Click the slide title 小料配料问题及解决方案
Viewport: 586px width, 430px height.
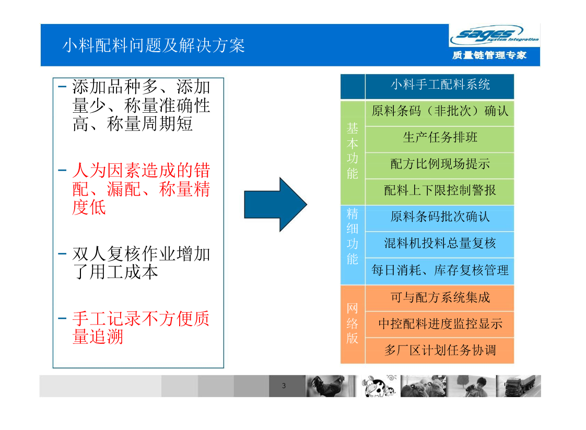pos(154,45)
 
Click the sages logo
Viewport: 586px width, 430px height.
pos(494,35)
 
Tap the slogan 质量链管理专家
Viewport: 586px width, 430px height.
pos(489,55)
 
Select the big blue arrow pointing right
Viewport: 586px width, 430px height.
pos(275,205)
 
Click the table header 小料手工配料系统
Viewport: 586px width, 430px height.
pos(440,85)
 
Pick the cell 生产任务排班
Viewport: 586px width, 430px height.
pos(440,137)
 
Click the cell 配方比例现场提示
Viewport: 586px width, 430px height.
pos(440,164)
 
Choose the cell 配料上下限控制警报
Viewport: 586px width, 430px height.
pos(440,190)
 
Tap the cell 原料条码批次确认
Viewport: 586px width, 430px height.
pos(440,217)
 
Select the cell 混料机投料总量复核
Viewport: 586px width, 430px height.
pos(440,243)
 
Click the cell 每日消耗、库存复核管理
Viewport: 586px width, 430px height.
pos(440,270)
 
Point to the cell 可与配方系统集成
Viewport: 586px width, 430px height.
pos(440,297)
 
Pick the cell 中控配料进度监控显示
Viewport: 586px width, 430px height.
pos(440,324)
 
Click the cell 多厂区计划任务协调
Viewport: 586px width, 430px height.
pos(440,351)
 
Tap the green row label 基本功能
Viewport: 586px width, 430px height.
pos(353,151)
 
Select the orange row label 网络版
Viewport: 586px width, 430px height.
pos(353,323)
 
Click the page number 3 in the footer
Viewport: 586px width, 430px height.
pos(284,386)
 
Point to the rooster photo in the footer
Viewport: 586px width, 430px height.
pos(331,386)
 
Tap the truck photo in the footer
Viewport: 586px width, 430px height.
pos(519,386)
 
